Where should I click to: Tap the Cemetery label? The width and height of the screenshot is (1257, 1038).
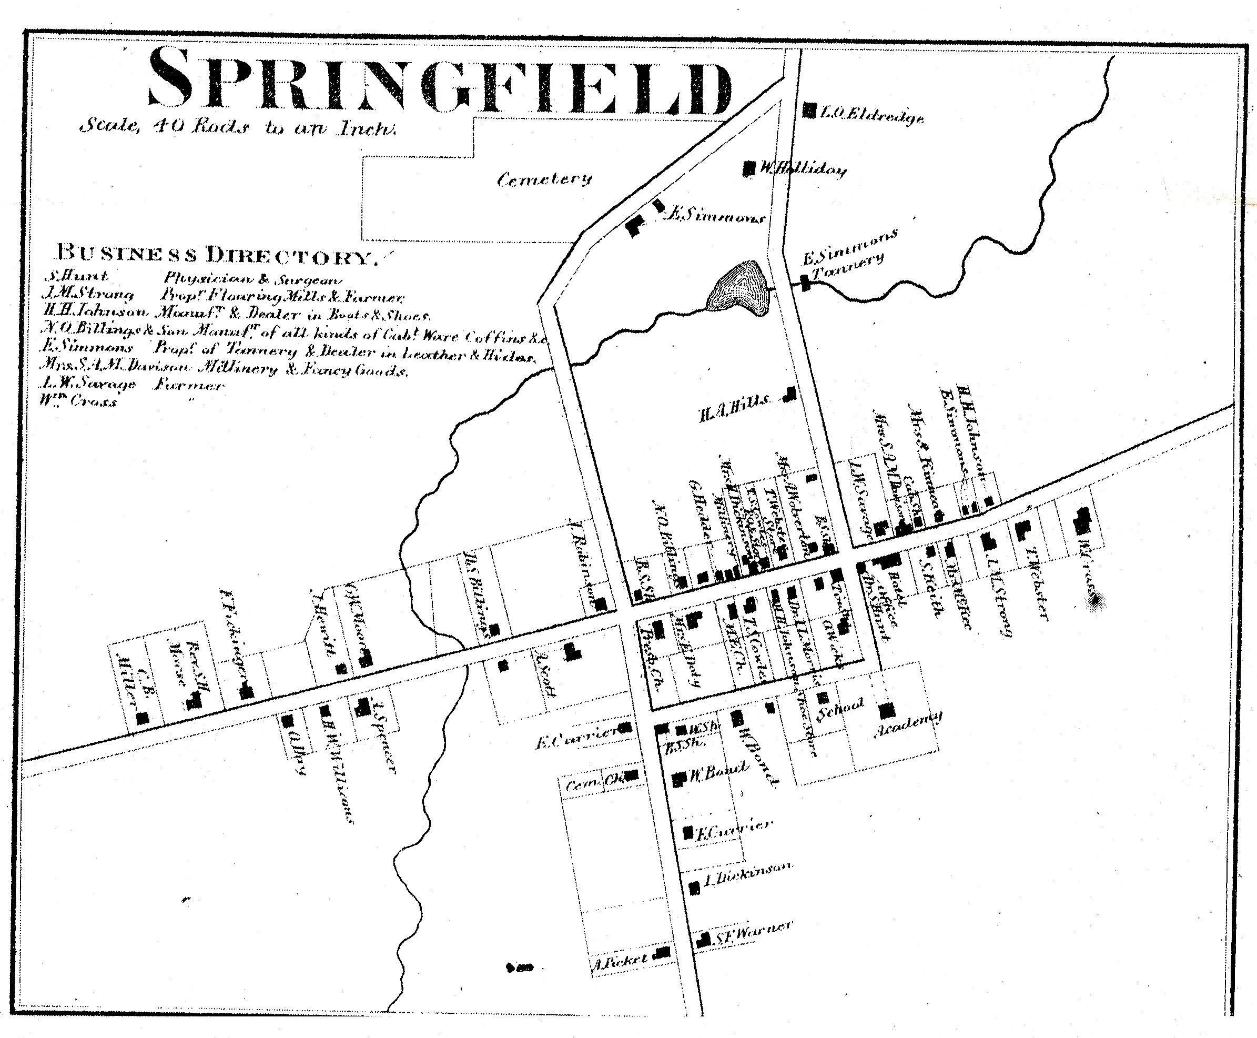[x=544, y=178]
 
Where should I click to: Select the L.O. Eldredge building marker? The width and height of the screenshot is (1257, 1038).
[x=809, y=110]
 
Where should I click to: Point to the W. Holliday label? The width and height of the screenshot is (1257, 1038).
[x=802, y=170]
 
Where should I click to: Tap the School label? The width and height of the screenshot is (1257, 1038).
[x=840, y=709]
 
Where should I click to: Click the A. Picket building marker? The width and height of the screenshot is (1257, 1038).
[x=662, y=952]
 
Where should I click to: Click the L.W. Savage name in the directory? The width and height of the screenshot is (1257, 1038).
[x=88, y=384]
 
